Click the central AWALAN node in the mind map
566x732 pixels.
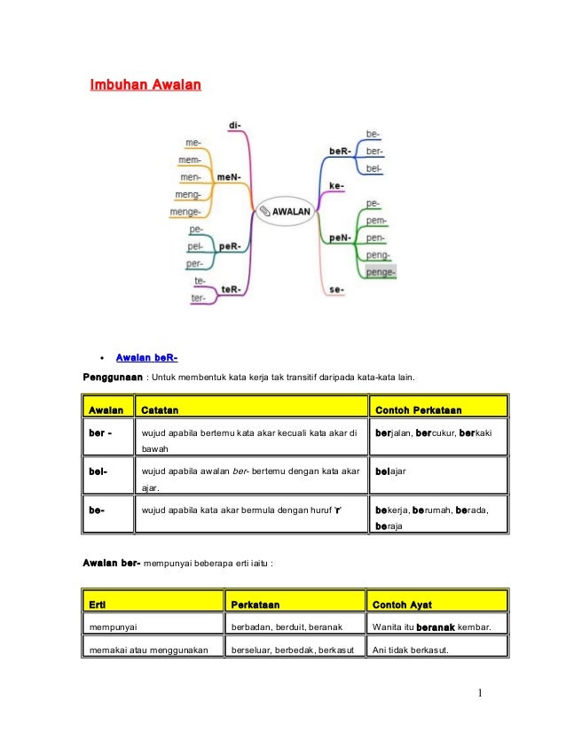tap(284, 212)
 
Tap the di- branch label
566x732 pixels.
tap(235, 125)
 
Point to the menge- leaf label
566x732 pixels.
tap(186, 212)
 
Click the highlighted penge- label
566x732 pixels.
tap(381, 271)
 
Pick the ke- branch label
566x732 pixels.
tap(336, 185)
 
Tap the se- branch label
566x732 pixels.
tap(336, 290)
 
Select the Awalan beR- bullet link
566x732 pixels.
tap(147, 358)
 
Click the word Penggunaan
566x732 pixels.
tap(113, 378)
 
